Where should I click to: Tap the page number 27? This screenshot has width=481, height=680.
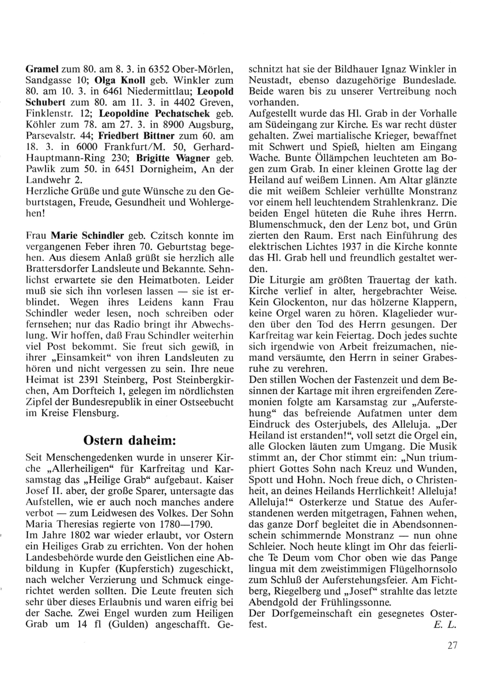tap(451, 646)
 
